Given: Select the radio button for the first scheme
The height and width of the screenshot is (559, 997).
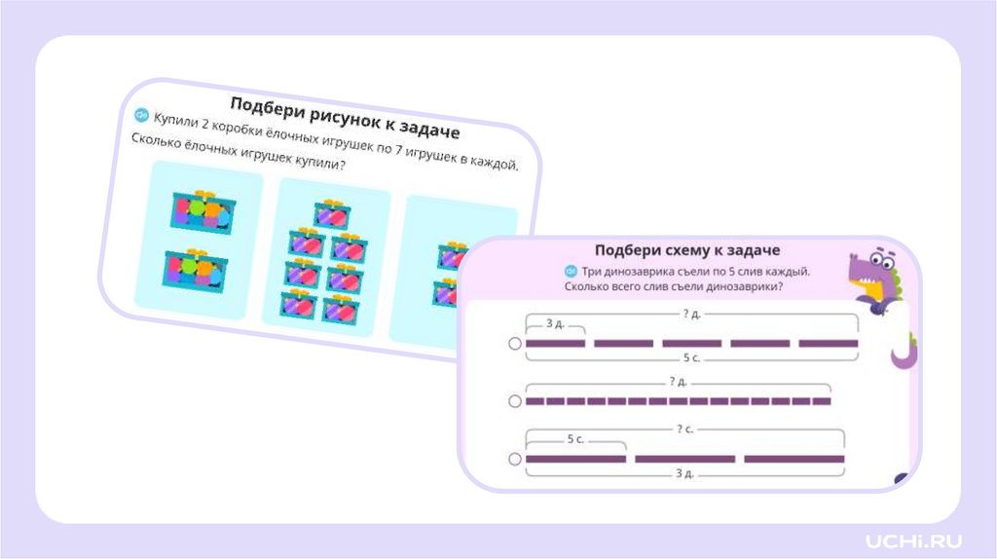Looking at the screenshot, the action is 515,344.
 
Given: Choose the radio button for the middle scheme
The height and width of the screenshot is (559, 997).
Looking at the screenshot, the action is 515,401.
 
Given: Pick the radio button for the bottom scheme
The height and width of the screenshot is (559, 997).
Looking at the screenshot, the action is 515,459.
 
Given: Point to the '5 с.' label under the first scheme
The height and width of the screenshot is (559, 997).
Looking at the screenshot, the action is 693,358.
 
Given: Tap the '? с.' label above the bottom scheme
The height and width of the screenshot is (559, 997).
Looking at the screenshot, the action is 685,429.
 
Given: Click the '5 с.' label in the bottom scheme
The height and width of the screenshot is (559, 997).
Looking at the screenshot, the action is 575,440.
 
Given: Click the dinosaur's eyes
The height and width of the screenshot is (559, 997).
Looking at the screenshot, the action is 881,260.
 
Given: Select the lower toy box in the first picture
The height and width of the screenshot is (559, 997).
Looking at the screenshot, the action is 196,270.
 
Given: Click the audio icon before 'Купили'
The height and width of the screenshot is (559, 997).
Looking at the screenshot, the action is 142,115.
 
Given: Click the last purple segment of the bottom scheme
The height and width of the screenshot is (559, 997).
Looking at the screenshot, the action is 794,459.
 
